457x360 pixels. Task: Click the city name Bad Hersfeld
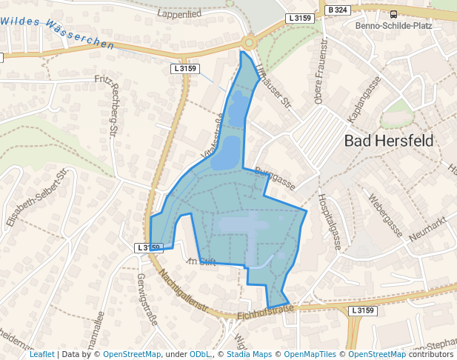388,141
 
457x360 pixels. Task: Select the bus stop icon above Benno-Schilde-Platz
393,13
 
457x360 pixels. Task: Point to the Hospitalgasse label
330,221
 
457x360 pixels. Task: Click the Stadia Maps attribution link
249,354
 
